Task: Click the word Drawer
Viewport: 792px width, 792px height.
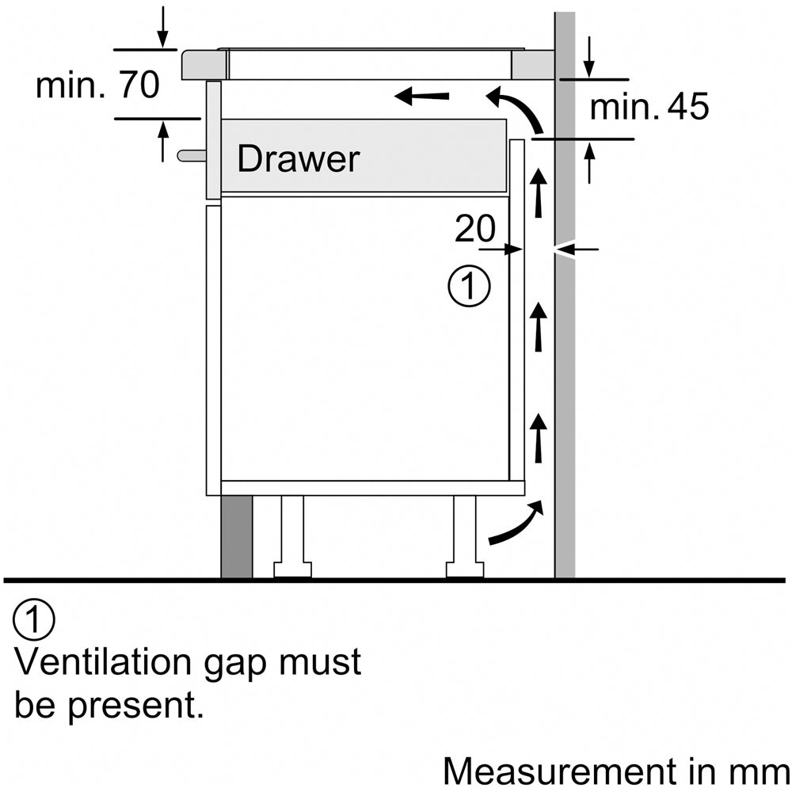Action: (298, 160)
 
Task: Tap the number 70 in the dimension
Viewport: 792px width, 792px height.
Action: (139, 86)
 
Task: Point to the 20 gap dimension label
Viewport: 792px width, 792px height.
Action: (474, 230)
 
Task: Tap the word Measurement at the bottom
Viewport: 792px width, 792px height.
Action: (558, 770)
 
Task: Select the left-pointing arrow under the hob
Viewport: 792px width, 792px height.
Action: (421, 97)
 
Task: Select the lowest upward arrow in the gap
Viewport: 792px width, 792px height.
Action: (539, 438)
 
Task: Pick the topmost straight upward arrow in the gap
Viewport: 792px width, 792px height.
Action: (539, 192)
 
